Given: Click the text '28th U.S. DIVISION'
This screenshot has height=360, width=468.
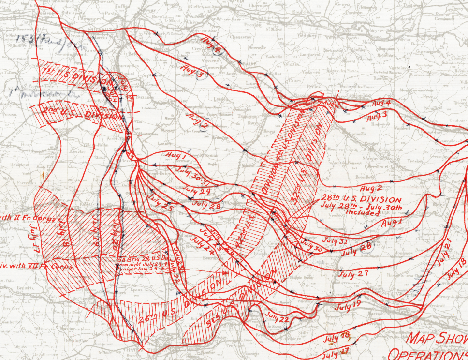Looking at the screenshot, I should click(360, 199).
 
